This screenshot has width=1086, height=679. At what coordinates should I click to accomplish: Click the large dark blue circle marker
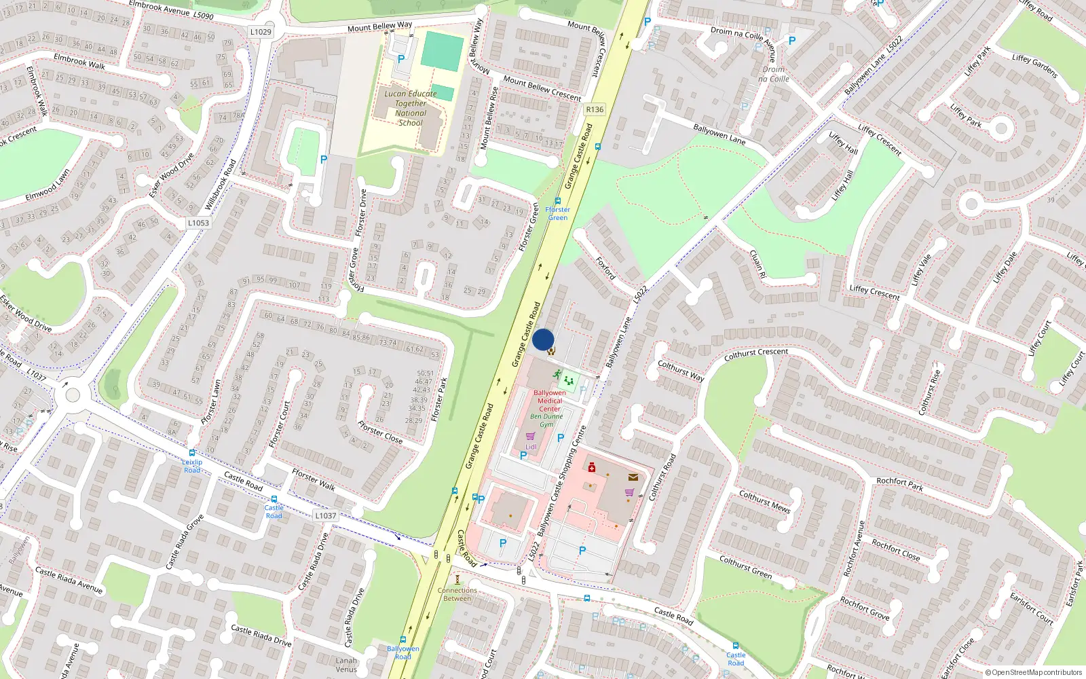pos(543,339)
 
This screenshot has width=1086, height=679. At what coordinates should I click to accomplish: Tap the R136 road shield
pos(595,109)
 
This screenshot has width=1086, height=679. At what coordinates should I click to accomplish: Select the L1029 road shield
pos(261,32)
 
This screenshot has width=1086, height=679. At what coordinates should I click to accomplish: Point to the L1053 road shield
pos(198,223)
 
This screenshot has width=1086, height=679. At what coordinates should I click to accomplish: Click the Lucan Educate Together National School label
pos(411,108)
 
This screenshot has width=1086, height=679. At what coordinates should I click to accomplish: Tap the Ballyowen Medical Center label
pos(550,401)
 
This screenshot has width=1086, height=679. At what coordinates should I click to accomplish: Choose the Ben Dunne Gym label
pos(546,420)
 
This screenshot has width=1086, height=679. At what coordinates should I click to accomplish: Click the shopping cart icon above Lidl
pos(531,437)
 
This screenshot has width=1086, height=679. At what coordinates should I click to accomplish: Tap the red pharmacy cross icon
pos(592,467)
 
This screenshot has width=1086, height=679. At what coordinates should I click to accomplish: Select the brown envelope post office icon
pos(633,477)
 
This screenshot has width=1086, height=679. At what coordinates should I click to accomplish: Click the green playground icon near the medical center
pos(569,381)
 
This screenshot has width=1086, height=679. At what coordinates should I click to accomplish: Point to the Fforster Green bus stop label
pos(558,213)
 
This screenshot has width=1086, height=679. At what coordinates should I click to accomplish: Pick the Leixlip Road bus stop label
pos(192,466)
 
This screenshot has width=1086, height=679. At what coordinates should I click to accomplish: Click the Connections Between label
pos(457,594)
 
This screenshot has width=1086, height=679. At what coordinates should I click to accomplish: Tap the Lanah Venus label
pos(346,665)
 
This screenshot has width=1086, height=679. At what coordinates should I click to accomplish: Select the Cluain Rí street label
pos(757,264)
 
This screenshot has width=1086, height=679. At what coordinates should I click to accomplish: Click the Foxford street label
pos(605,268)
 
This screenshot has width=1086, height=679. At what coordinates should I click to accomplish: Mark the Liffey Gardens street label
pos(1034,66)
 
